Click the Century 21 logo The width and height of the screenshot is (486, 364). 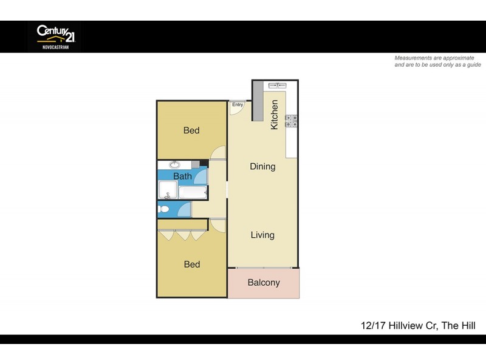point(53,36)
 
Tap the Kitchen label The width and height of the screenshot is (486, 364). point(275,114)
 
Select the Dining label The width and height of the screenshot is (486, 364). point(262,166)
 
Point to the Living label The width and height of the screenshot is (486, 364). point(262,235)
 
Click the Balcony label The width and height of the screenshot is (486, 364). point(264,283)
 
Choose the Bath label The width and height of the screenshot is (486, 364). point(182,177)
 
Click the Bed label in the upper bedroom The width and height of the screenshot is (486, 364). point(191,130)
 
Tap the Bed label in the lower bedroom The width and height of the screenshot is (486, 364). point(192,265)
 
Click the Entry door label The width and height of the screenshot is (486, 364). point(238,105)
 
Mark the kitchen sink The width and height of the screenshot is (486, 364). point(278,86)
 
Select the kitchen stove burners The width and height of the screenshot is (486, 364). point(290,121)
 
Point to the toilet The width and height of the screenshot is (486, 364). point(163,209)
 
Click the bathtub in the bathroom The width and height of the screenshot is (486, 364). point(193,193)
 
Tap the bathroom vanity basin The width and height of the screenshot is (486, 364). point(174,164)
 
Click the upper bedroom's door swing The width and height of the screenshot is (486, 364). point(218,153)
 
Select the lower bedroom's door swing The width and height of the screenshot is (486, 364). point(217,225)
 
